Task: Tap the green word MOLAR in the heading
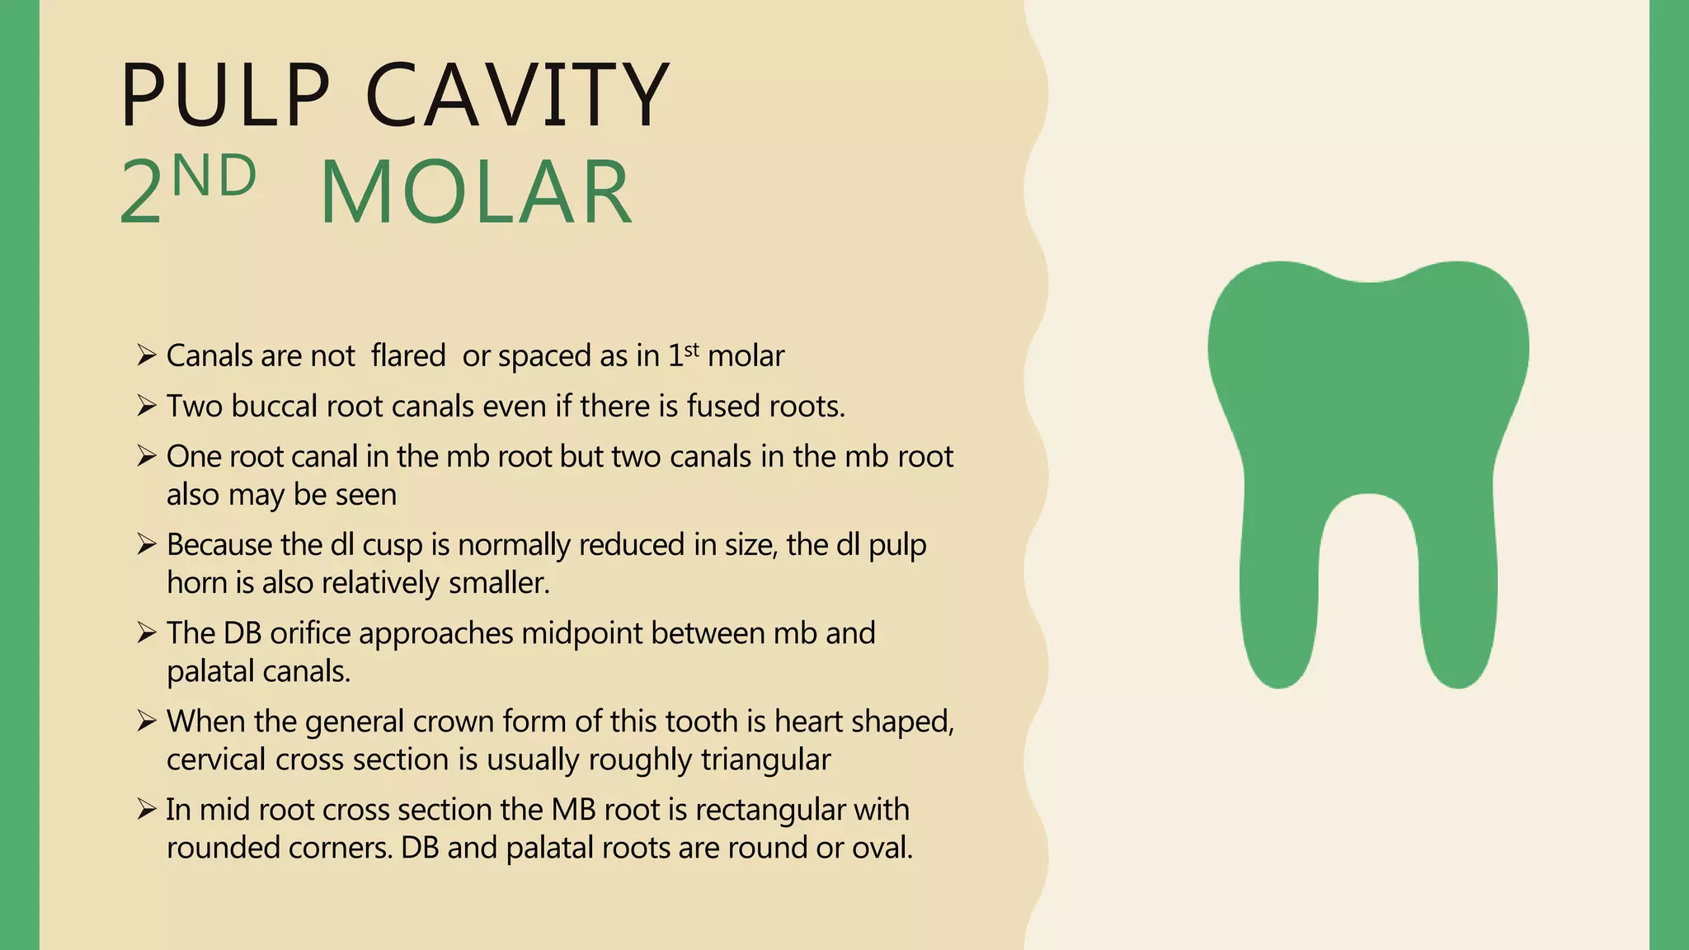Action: pyautogui.click(x=476, y=193)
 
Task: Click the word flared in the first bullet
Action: pyautogui.click(x=408, y=355)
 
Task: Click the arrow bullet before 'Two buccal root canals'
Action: pyautogui.click(x=147, y=406)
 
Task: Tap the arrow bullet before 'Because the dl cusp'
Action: pyautogui.click(x=147, y=544)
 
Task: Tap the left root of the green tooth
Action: pyautogui.click(x=1280, y=610)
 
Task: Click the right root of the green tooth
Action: pyautogui.click(x=1458, y=610)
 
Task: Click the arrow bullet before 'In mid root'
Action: pyautogui.click(x=147, y=810)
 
